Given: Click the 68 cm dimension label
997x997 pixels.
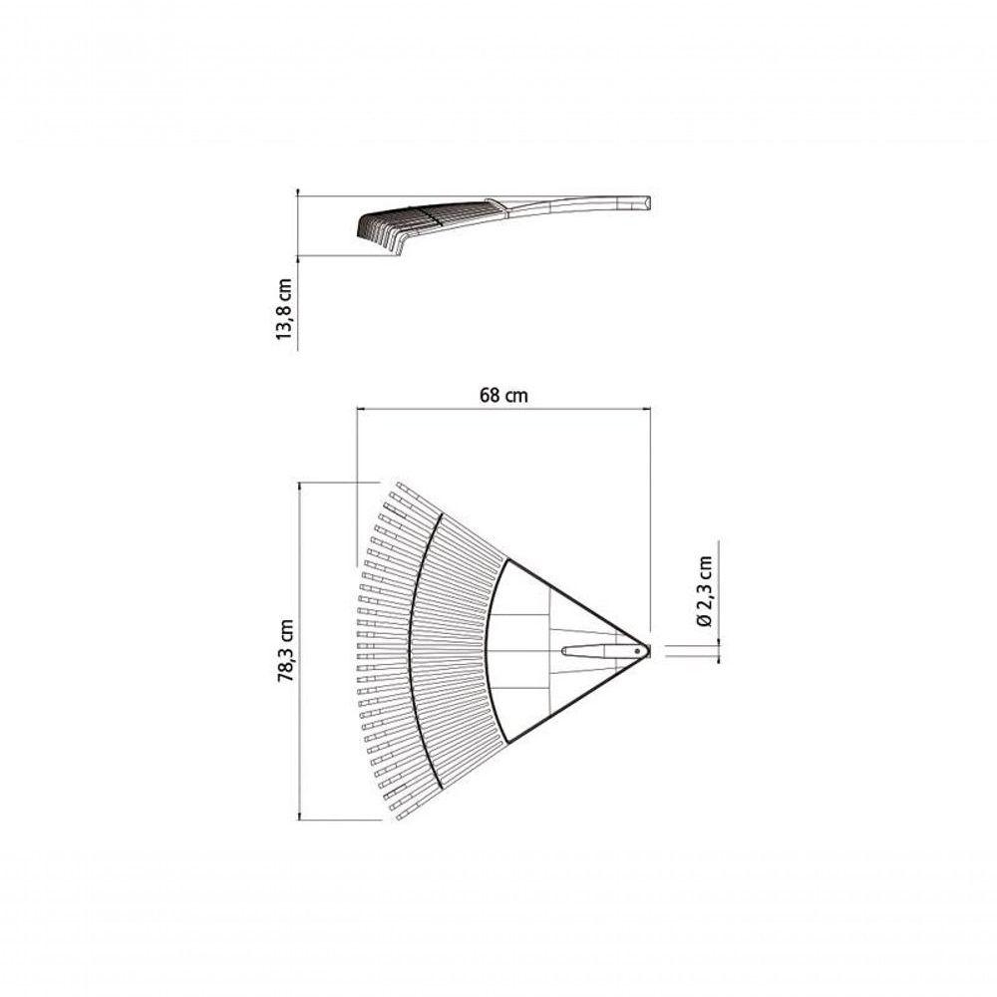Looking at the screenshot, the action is tap(503, 395).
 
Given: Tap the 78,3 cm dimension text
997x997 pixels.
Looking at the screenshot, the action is tap(287, 650).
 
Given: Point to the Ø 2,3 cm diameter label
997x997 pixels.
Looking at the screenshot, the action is tap(704, 591).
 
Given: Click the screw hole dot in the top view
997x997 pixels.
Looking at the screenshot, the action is tap(637, 651).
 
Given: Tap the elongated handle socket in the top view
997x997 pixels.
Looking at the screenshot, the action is tap(601, 651).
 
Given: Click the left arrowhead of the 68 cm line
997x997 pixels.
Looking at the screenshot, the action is tap(360, 410).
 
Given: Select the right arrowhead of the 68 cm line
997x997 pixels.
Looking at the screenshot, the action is tap(648, 410).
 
